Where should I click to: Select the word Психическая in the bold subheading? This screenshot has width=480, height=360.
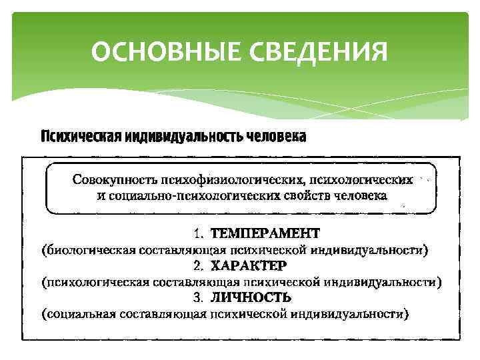pyautogui.click(x=80, y=137)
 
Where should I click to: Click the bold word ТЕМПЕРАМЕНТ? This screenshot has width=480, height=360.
pyautogui.click(x=265, y=234)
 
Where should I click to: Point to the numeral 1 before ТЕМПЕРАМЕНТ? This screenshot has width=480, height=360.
pyautogui.click(x=198, y=234)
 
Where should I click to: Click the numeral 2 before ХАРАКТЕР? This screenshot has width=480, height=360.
pyautogui.click(x=198, y=265)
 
